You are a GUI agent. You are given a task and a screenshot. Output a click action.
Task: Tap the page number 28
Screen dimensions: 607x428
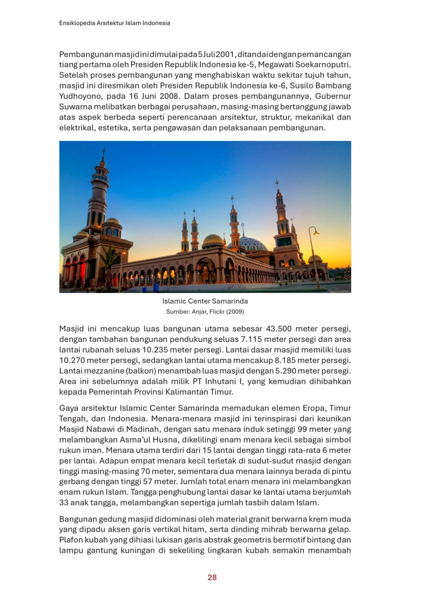point(212,577)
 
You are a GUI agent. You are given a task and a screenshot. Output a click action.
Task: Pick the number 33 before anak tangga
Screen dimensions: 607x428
point(64,503)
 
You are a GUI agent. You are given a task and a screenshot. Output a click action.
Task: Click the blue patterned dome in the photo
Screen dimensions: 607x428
point(249,244)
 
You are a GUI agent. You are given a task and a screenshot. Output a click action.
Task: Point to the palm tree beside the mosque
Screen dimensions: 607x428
point(109,260)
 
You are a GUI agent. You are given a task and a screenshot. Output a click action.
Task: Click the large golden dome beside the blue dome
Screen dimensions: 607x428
point(213,241)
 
